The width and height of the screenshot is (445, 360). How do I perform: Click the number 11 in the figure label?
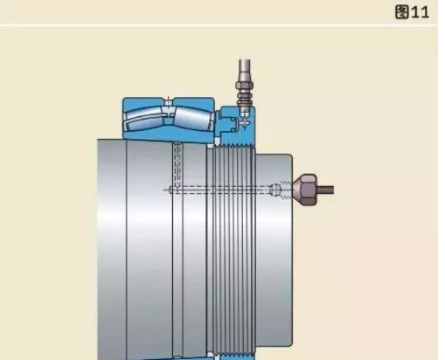point(421,12)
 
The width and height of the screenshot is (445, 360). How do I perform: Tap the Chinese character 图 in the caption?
point(402,12)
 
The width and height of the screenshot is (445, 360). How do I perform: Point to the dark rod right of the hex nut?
point(325,190)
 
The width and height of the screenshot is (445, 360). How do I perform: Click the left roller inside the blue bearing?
point(143,120)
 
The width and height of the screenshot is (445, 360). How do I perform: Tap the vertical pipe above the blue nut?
point(245,71)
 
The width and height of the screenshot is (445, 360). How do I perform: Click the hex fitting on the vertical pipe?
point(245,86)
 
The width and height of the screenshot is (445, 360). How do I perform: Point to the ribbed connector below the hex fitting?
point(245,99)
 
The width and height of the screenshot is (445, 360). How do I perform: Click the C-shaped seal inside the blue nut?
point(233,124)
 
